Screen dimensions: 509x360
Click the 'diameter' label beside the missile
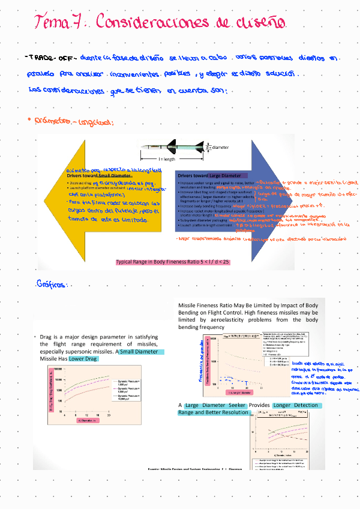point(220,146)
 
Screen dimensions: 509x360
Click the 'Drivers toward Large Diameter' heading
point(209,175)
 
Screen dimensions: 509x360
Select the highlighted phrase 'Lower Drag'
point(83,358)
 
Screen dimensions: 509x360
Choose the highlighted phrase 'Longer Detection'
point(298,405)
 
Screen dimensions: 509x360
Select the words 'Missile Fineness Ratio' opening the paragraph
point(209,306)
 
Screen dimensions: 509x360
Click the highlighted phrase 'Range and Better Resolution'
point(213,412)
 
